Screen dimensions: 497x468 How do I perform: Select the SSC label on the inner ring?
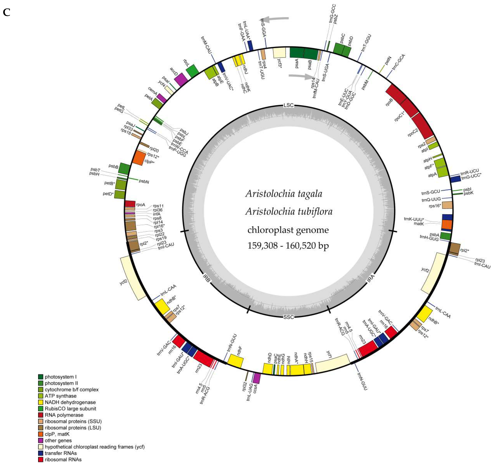coord(289,317)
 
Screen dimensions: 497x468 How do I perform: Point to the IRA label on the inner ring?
coord(371,278)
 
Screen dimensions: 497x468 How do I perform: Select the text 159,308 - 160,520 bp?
coord(288,246)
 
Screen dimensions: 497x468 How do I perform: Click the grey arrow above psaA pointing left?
coord(276,19)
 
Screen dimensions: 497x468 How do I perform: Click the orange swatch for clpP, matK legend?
coord(41,434)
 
